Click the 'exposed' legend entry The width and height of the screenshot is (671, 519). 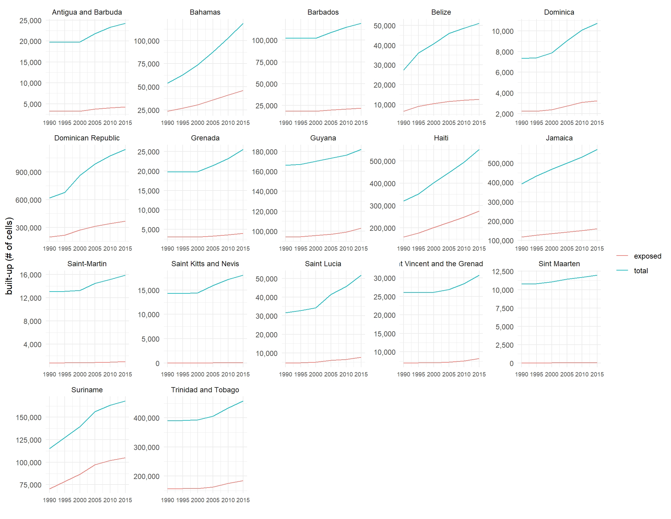(647, 256)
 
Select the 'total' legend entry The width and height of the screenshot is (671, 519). (640, 271)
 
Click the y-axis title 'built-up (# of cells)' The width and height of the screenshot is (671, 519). (9, 256)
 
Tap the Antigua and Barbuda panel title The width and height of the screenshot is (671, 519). (87, 12)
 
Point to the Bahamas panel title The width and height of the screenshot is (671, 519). (205, 12)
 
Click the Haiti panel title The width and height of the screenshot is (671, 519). (441, 138)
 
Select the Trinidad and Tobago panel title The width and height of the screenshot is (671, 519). (205, 390)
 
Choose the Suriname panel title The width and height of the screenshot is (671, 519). (87, 390)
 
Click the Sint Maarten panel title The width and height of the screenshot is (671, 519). (559, 264)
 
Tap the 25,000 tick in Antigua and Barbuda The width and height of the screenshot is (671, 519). (30, 20)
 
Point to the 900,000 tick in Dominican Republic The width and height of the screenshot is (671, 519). (28, 172)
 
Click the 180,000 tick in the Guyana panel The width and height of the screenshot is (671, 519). (264, 152)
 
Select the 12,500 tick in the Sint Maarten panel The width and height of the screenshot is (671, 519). (503, 271)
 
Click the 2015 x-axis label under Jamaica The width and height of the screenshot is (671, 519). (597, 249)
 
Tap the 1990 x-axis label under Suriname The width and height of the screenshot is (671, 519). (49, 500)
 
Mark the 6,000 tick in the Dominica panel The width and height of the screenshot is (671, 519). (504, 73)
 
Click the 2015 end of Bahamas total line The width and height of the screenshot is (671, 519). (243, 24)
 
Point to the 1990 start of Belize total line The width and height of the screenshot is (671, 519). (404, 70)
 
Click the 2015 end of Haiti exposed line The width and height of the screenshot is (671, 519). (479, 211)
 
